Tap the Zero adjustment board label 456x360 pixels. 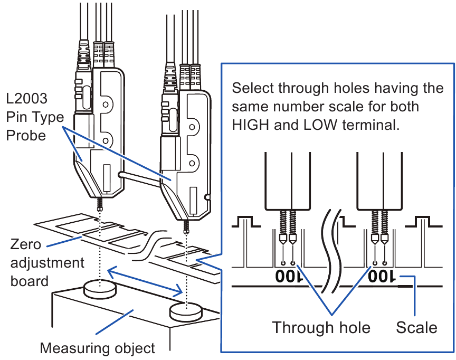tap(47, 262)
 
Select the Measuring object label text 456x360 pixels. tap(98, 348)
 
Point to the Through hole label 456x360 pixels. tap(321, 327)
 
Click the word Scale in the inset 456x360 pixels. tap(416, 327)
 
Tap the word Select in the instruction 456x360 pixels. tap(253, 88)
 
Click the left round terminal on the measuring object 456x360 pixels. tap(100, 288)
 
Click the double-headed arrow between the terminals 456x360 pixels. tap(146, 281)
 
